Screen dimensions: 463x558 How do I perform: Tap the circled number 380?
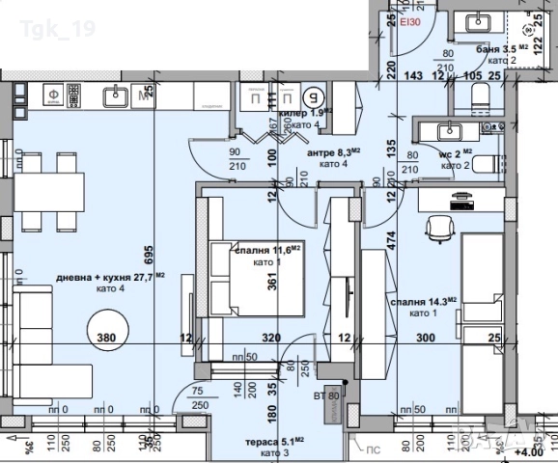click(108, 338)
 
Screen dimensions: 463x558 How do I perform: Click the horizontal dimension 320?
click(271, 338)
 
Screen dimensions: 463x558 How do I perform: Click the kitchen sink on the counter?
click(118, 94)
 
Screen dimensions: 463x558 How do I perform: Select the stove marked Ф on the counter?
click(52, 95)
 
